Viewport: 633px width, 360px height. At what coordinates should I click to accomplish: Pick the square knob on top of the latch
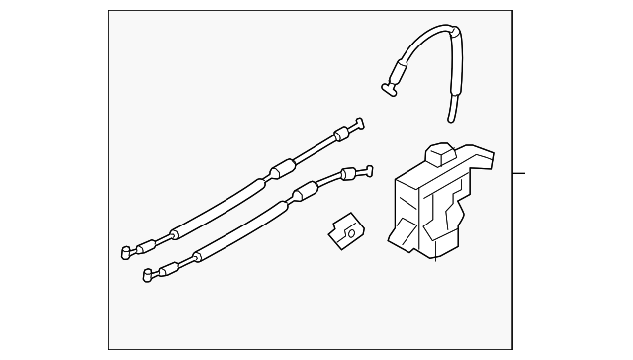(438, 154)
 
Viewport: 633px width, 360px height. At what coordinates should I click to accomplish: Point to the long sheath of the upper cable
(213, 210)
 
